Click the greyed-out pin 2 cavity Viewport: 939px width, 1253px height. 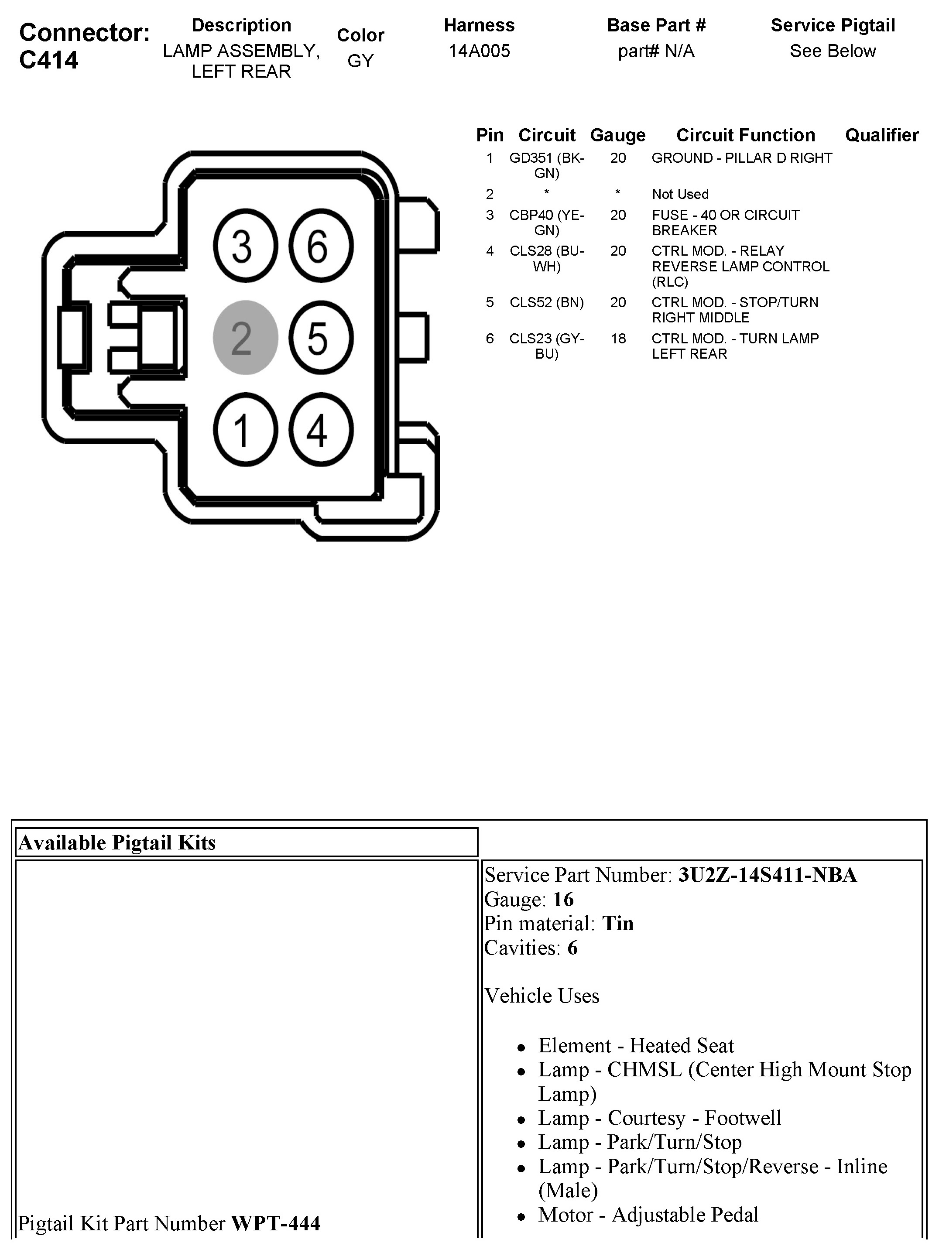pyautogui.click(x=245, y=338)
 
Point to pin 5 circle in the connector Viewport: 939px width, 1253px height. pyautogui.click(x=321, y=338)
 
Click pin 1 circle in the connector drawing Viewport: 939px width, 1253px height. pyautogui.click(x=245, y=430)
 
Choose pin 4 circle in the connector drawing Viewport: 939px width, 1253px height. pyautogui.click(x=321, y=430)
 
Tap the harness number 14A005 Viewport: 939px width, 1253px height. pyautogui.click(x=479, y=51)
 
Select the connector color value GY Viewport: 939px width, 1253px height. pyautogui.click(x=360, y=61)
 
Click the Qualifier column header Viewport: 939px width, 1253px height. pyautogui.click(x=881, y=135)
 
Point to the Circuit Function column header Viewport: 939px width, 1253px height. pyautogui.click(x=745, y=135)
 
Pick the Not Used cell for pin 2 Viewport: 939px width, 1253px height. pyautogui.click(x=680, y=194)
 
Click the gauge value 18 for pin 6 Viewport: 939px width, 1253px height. pyautogui.click(x=618, y=339)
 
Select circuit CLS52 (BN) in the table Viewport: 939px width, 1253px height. pyautogui.click(x=546, y=302)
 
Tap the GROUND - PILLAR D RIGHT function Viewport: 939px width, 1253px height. pyautogui.click(x=741, y=158)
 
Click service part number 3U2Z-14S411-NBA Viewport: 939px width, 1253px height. pyautogui.click(x=767, y=875)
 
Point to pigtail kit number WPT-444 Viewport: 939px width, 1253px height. pyautogui.click(x=275, y=1223)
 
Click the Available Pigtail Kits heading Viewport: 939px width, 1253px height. pyautogui.click(x=117, y=843)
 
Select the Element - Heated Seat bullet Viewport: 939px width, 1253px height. pyautogui.click(x=635, y=1045)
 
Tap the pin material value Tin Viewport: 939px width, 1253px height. pyautogui.click(x=618, y=923)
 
